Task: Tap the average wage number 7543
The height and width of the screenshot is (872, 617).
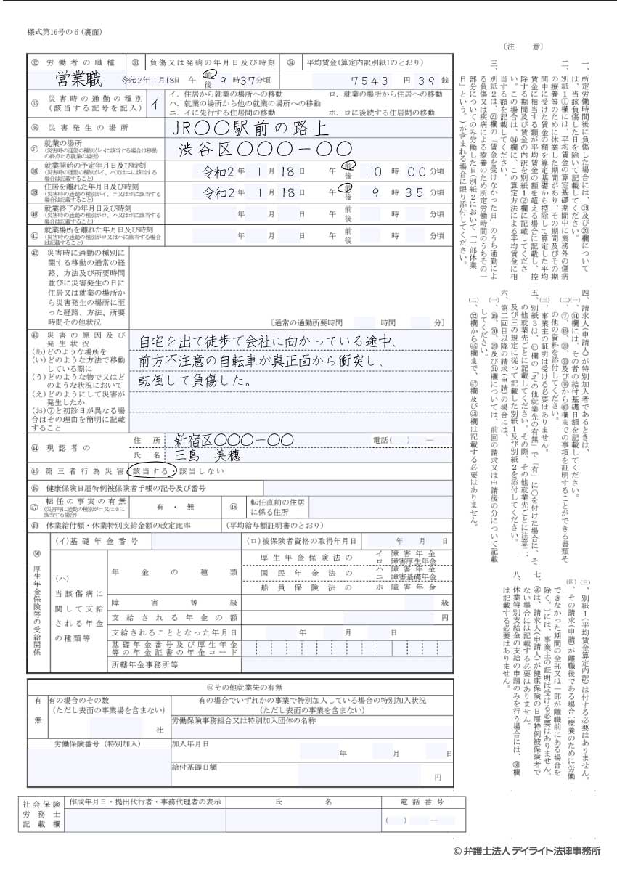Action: (x=371, y=80)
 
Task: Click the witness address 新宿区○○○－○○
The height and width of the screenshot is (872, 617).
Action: (x=233, y=440)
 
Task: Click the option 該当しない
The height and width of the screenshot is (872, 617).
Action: (x=197, y=471)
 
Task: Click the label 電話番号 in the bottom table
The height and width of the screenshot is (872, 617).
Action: (x=422, y=802)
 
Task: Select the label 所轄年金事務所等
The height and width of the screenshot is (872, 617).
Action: (x=145, y=664)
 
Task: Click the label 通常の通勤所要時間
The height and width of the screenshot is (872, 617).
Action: (x=308, y=322)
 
